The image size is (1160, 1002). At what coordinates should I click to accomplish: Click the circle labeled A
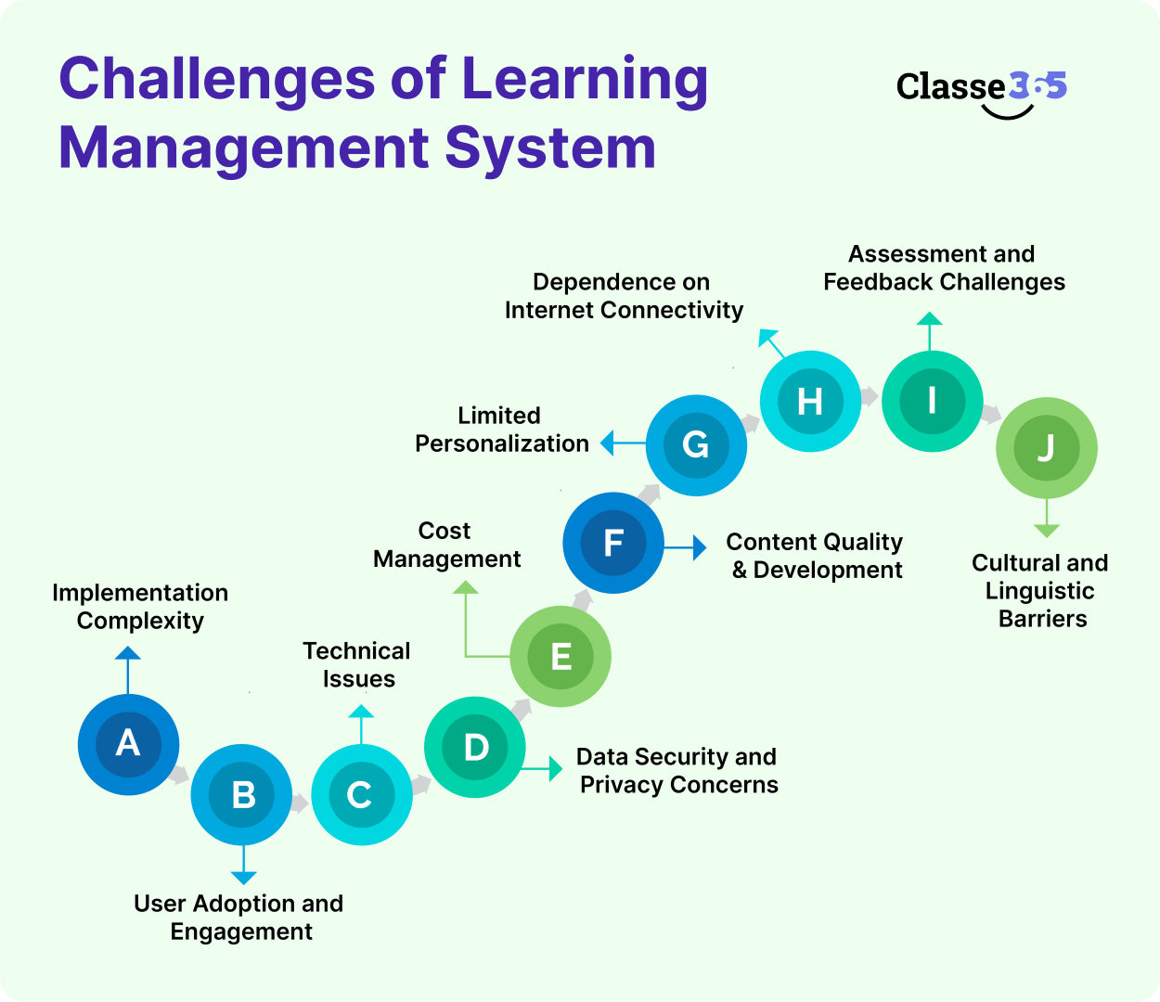click(x=128, y=744)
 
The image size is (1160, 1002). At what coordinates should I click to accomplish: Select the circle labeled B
click(x=242, y=794)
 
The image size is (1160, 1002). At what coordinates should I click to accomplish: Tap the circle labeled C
click(x=361, y=795)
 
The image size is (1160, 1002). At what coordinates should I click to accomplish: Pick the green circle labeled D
click(x=475, y=747)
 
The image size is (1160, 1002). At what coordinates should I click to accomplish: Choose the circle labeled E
click(x=561, y=657)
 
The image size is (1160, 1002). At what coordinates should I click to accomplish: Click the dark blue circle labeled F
click(x=613, y=543)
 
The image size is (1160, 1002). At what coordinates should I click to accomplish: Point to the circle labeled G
click(x=696, y=445)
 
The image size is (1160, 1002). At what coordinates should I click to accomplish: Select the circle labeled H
click(x=810, y=402)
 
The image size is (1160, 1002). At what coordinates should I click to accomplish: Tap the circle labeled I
click(x=932, y=402)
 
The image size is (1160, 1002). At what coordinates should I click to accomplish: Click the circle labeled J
click(x=1046, y=448)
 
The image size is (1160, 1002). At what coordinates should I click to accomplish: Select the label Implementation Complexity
click(x=140, y=607)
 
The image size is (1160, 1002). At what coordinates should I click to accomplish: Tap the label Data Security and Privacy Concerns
click(x=677, y=771)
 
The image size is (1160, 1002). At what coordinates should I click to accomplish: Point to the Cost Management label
click(x=446, y=545)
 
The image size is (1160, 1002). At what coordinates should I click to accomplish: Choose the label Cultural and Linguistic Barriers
click(x=1040, y=591)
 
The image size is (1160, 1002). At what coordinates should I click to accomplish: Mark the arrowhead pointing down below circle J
click(x=1047, y=531)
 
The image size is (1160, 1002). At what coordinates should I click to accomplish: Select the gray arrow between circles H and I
click(x=870, y=397)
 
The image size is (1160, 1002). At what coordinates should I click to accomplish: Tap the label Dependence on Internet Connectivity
click(x=624, y=296)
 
